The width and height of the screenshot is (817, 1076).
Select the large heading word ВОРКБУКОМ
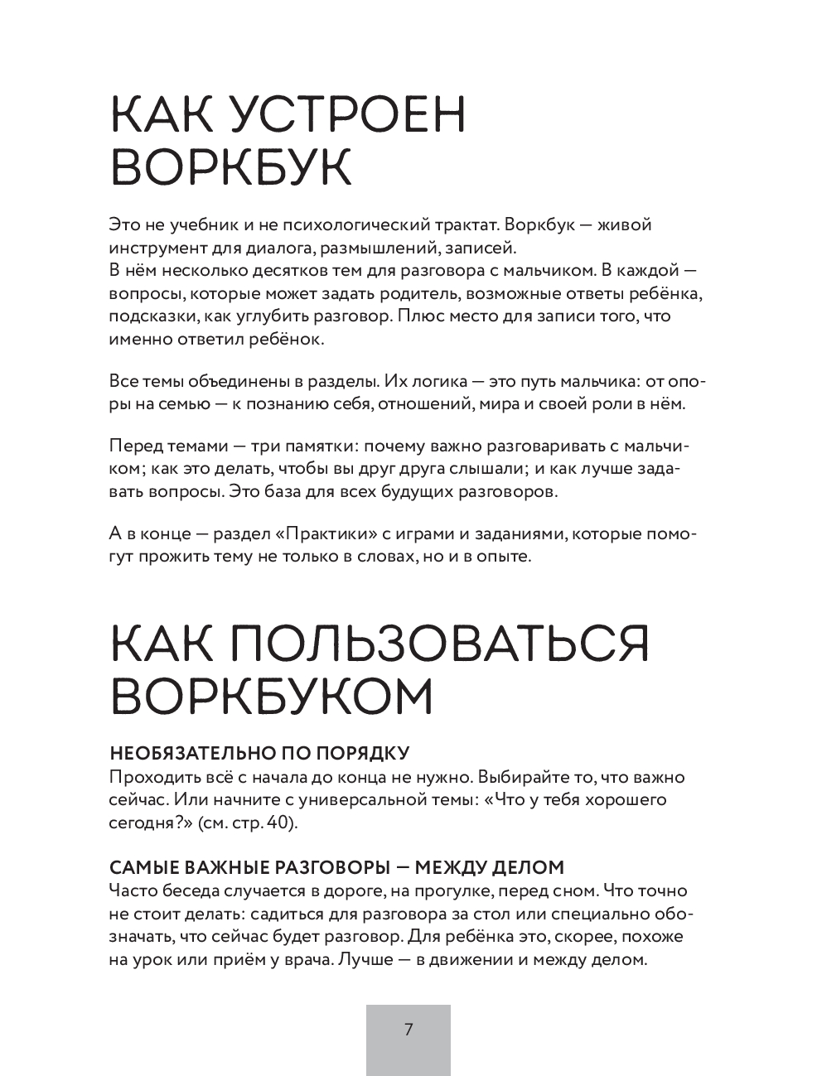tap(272, 697)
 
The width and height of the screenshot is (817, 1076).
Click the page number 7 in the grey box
tap(408, 1030)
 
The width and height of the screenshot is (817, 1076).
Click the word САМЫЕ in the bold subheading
tap(138, 868)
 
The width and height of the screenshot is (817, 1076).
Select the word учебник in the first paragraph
tap(205, 224)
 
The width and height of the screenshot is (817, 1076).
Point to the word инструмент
tap(153, 247)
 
